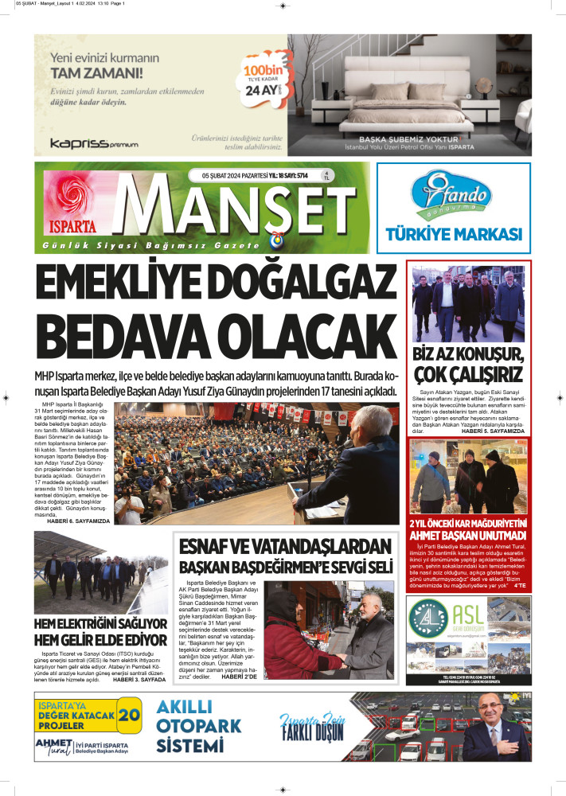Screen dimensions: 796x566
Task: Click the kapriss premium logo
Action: click(93, 143)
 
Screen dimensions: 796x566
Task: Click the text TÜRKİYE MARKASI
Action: click(453, 234)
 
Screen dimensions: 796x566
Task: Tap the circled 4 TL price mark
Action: click(326, 176)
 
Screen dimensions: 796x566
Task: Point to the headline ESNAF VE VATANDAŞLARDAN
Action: click(286, 547)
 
